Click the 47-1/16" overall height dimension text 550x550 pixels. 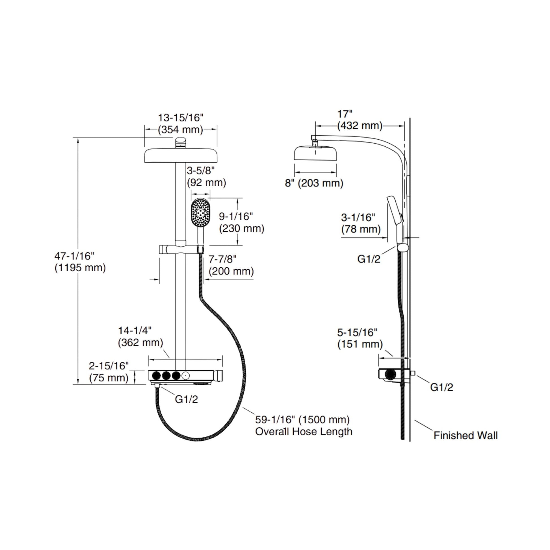click(x=74, y=256)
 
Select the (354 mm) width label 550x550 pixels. click(x=181, y=129)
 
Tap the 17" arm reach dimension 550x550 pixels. click(x=345, y=114)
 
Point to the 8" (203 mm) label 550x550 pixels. click(x=314, y=183)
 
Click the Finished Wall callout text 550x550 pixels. click(x=465, y=435)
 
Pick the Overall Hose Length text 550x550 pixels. click(x=304, y=432)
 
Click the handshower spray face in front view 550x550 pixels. click(x=200, y=213)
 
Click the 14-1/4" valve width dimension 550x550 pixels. click(x=135, y=330)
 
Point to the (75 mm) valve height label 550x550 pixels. click(x=109, y=378)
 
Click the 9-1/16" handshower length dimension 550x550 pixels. click(x=236, y=216)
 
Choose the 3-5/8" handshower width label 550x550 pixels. click(x=201, y=170)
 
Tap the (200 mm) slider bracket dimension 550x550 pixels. click(x=231, y=271)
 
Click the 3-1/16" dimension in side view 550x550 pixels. click(x=358, y=218)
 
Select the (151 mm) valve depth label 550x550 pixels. click(x=360, y=344)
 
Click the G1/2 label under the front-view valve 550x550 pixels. click(x=186, y=399)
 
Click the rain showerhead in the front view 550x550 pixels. click(x=181, y=155)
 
